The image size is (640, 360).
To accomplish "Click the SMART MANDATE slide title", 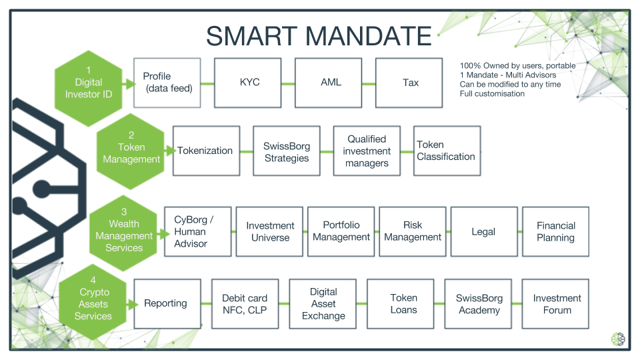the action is coord(319,36).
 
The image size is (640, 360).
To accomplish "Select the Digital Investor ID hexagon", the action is coord(89,88).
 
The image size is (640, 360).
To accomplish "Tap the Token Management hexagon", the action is coord(131,151).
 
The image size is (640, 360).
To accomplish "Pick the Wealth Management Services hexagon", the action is coord(124,233).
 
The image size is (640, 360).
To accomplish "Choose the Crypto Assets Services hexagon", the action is coord(93,301).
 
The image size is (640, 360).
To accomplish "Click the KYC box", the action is coord(248,83).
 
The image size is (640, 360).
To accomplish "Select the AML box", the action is coord(328,83).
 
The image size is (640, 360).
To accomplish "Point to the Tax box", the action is coord(409,83).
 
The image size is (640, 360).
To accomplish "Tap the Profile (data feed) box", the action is coord(167,83).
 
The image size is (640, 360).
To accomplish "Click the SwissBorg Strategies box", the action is coord(287,151).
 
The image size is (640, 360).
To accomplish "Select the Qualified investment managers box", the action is coord(367,151).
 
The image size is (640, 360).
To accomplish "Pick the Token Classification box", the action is coord(447,151).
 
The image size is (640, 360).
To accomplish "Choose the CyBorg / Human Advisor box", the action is coord(198,232).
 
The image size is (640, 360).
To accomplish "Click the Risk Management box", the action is coord(413,232).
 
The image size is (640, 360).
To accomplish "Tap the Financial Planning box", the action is coord(555,232).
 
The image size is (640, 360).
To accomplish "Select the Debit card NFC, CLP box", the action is coord(245,304).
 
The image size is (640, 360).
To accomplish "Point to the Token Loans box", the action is coord(401,304).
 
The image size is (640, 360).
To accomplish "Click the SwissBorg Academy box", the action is coord(478,304).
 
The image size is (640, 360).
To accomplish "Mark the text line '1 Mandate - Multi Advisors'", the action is coord(508,75).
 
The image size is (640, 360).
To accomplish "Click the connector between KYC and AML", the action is coord(288,84).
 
